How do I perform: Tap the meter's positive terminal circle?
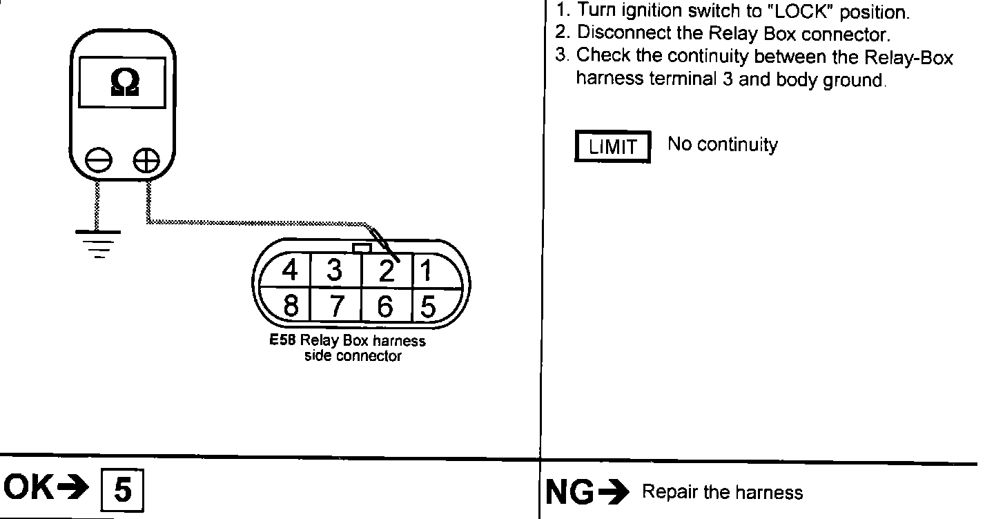(146, 161)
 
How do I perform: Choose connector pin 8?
(291, 305)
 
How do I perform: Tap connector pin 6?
(386, 305)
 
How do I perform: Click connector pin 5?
(428, 305)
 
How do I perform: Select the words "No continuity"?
(722, 145)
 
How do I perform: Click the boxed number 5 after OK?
(123, 490)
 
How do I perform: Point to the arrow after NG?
(614, 492)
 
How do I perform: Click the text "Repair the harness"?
(722, 492)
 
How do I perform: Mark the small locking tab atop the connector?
(362, 247)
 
